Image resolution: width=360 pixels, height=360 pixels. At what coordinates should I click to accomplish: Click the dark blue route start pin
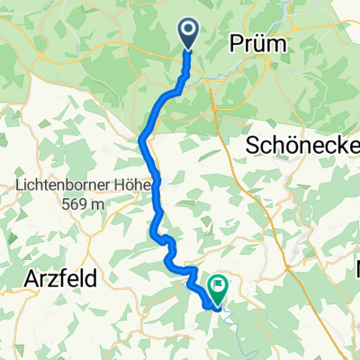click(190, 33)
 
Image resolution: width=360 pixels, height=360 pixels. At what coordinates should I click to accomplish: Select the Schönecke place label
click(301, 144)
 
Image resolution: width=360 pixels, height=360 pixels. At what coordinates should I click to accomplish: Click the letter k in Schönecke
click(337, 144)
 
